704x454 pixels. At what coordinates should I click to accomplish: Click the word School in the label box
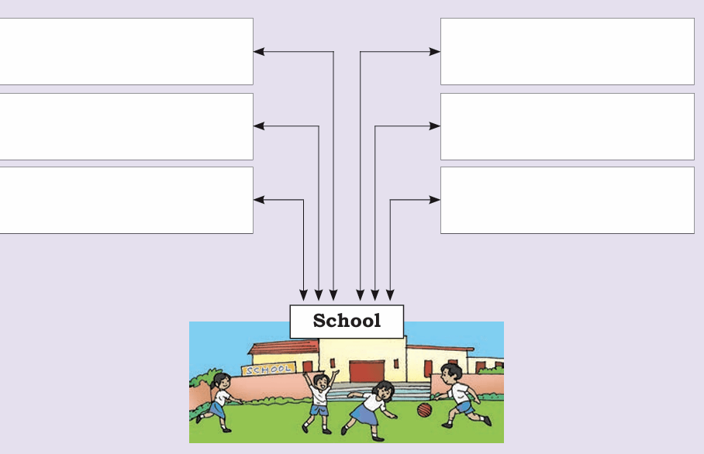tap(347, 321)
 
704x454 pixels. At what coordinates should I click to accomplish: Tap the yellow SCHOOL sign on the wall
tap(268, 370)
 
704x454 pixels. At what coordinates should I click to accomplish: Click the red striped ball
tap(424, 410)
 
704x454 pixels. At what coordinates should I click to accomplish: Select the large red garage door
tap(367, 371)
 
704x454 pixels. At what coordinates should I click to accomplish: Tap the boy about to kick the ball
tap(461, 395)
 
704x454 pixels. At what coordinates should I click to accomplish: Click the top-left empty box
tap(126, 51)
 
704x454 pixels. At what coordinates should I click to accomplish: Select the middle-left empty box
tap(126, 126)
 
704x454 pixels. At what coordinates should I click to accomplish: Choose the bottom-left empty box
tap(126, 200)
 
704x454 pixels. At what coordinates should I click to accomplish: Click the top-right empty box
tap(568, 51)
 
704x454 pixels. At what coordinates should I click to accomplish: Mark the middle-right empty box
tap(568, 126)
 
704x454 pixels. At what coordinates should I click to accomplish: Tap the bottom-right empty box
tap(568, 200)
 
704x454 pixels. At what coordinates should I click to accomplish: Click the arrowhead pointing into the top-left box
tap(259, 52)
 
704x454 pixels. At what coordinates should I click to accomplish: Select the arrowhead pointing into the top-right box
tap(435, 52)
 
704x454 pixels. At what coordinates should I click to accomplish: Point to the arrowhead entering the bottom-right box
tap(435, 200)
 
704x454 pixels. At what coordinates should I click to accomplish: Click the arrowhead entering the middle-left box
tap(259, 126)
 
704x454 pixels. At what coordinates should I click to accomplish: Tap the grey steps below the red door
tap(379, 391)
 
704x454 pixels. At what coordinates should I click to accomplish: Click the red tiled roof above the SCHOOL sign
tap(284, 347)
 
